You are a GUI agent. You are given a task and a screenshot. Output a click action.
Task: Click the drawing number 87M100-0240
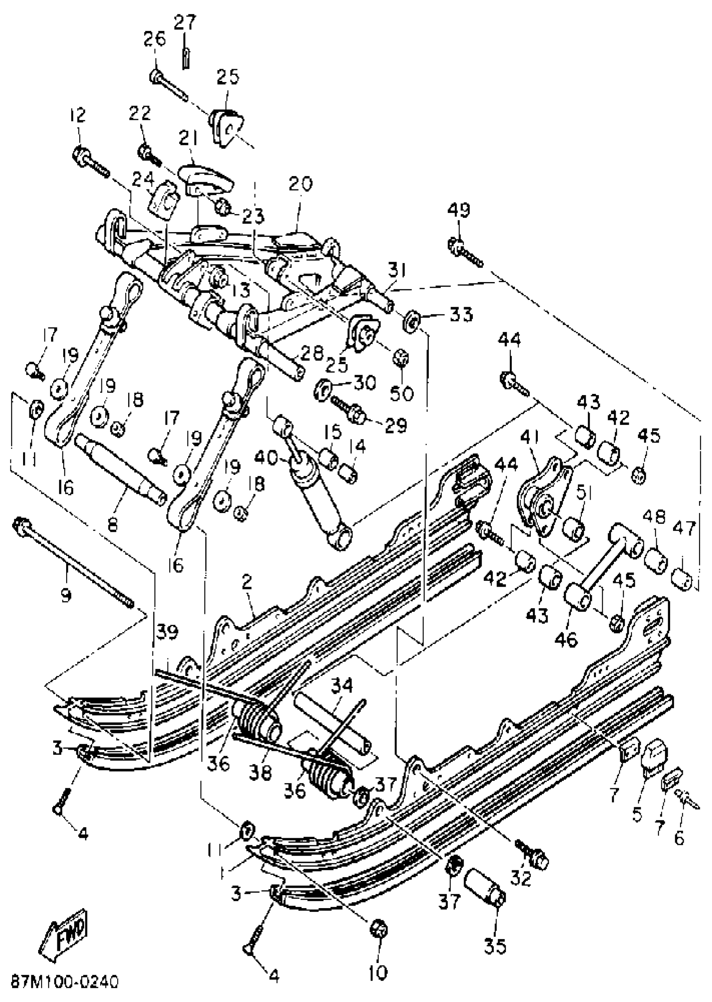(64, 981)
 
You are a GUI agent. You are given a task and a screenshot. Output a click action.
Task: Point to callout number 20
(300, 184)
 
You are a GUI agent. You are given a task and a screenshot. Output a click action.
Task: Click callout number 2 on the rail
(247, 582)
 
